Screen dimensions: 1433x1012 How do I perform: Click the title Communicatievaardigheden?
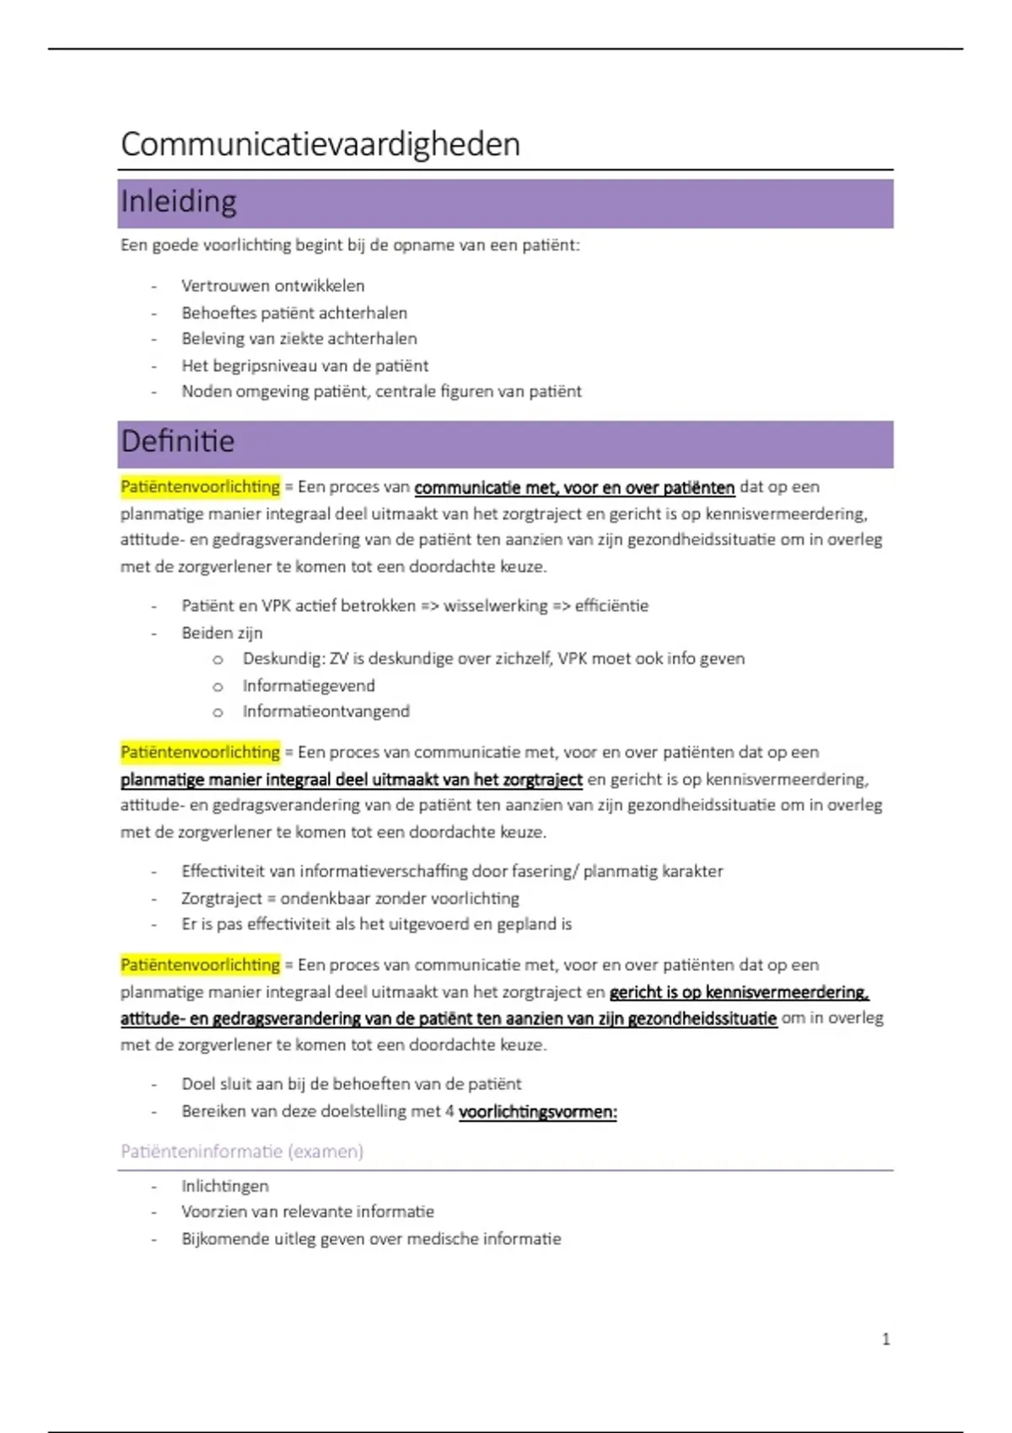click(320, 144)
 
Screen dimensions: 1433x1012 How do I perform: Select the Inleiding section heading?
click(179, 202)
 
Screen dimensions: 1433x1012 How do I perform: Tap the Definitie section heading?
click(178, 442)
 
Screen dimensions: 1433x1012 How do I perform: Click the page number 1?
click(885, 1339)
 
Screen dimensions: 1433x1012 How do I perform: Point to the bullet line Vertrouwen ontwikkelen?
click(273, 286)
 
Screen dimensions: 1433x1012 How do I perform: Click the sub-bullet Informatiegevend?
click(309, 685)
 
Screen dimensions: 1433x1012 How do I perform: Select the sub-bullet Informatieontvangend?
click(326, 711)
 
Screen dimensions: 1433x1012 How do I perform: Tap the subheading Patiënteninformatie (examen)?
click(242, 1151)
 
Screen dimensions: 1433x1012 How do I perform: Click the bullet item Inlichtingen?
click(225, 1186)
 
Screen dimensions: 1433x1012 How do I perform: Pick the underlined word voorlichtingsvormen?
click(537, 1112)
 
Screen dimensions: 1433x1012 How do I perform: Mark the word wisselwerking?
click(495, 606)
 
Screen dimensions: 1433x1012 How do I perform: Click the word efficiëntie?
click(611, 606)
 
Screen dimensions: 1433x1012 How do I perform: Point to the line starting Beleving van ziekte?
click(299, 339)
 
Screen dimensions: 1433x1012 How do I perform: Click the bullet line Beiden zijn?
click(222, 633)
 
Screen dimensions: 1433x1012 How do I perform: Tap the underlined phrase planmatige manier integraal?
click(245, 780)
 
